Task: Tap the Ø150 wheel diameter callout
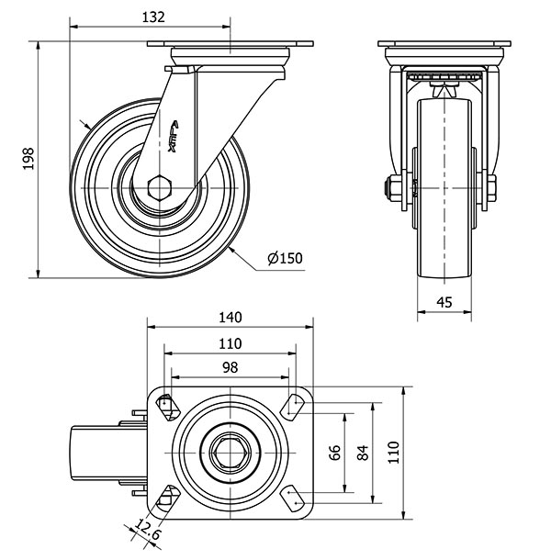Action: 285,259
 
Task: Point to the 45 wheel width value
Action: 444,303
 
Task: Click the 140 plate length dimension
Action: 230,318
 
